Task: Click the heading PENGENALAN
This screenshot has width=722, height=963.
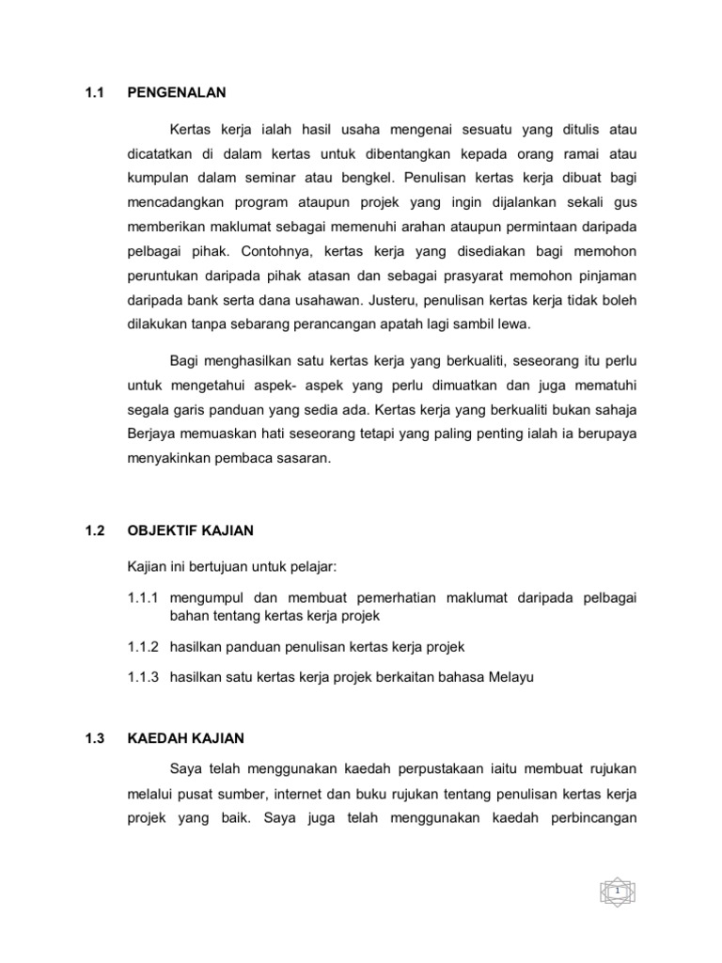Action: point(177,92)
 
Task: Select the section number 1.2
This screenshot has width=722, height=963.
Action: point(94,530)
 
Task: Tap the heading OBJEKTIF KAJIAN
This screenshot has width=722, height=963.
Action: point(190,530)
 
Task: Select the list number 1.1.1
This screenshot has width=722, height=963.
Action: point(144,598)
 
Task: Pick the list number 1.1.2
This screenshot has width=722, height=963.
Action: point(144,648)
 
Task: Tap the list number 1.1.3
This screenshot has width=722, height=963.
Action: point(144,678)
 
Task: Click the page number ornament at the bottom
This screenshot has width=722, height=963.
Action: point(618,890)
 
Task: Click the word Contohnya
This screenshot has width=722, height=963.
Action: point(283,251)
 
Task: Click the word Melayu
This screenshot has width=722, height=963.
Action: point(510,678)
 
